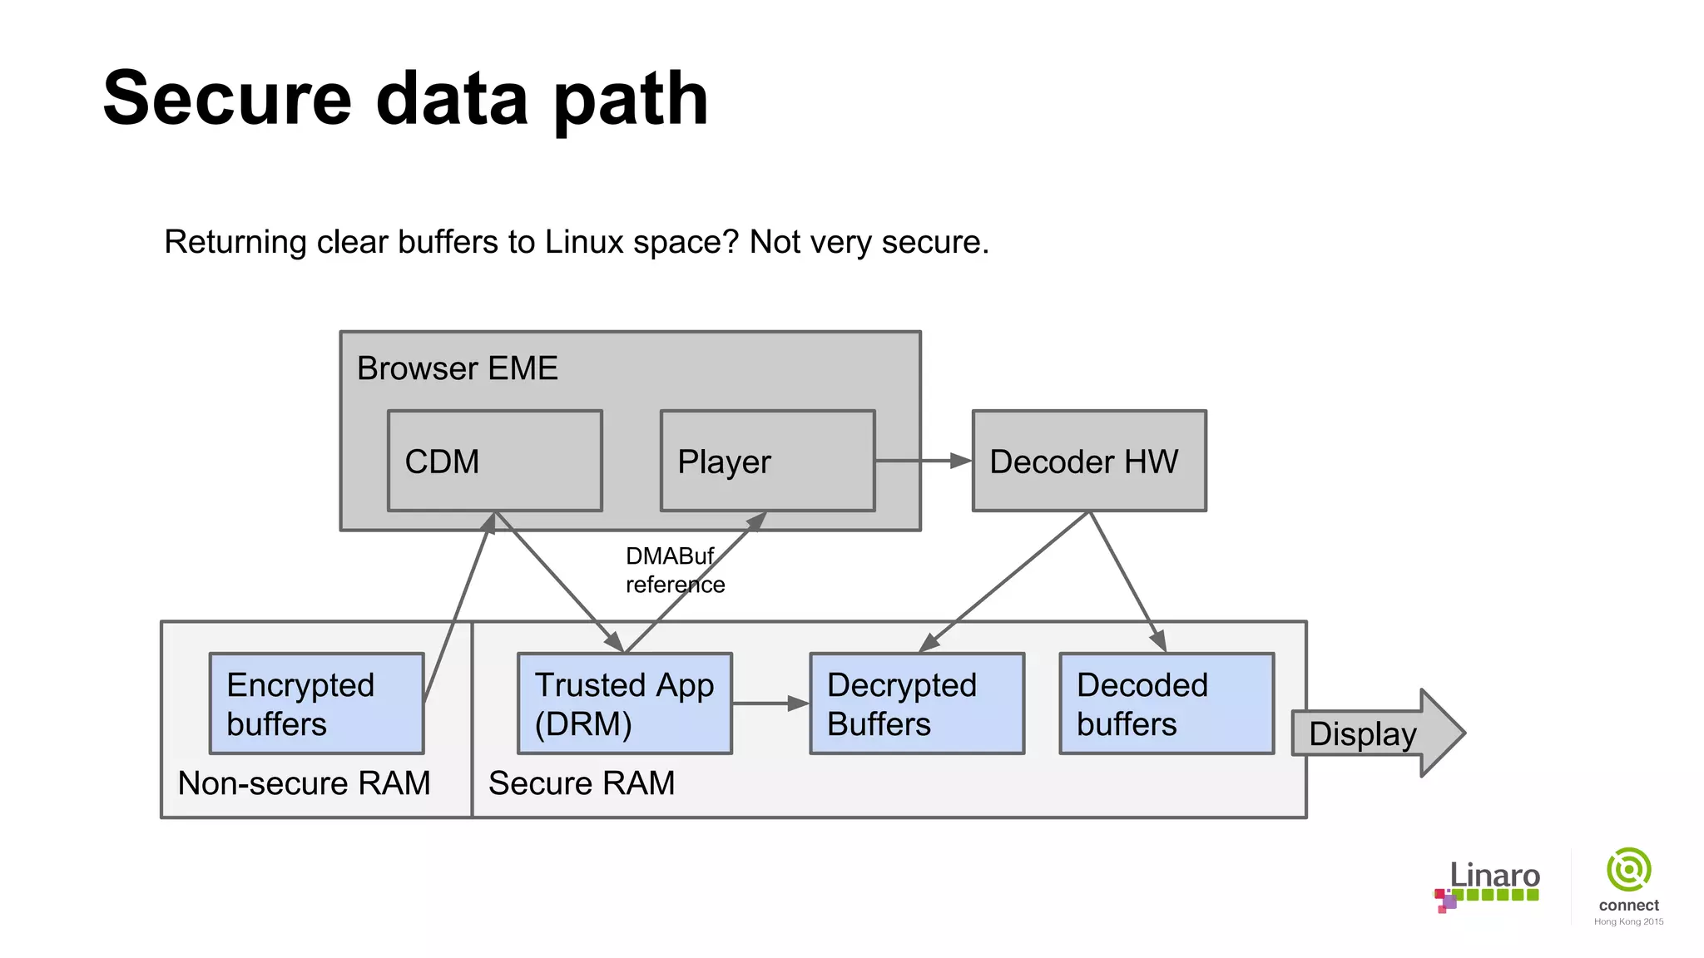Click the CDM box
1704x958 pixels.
pyautogui.click(x=494, y=461)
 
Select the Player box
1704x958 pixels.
pyautogui.click(x=766, y=461)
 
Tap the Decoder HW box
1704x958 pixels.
pyautogui.click(x=1088, y=461)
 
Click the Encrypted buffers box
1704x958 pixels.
pyautogui.click(x=316, y=704)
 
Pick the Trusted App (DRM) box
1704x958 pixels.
pyautogui.click(x=624, y=704)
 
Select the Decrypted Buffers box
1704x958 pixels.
pyautogui.click(x=916, y=704)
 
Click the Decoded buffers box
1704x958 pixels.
pyautogui.click(x=1166, y=704)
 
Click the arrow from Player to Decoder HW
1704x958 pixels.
pyautogui.click(x=923, y=461)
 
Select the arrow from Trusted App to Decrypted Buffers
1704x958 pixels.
pyautogui.click(x=770, y=704)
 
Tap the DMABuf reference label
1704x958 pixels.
pyautogui.click(x=674, y=570)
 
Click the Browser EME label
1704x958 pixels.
pyautogui.click(x=457, y=368)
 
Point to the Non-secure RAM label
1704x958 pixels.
pyautogui.click(x=304, y=783)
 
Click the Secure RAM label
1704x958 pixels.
pyautogui.click(x=581, y=783)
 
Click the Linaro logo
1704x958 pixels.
pyautogui.click(x=1488, y=886)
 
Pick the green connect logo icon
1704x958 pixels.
pyautogui.click(x=1628, y=870)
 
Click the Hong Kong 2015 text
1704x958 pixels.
pyautogui.click(x=1628, y=921)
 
